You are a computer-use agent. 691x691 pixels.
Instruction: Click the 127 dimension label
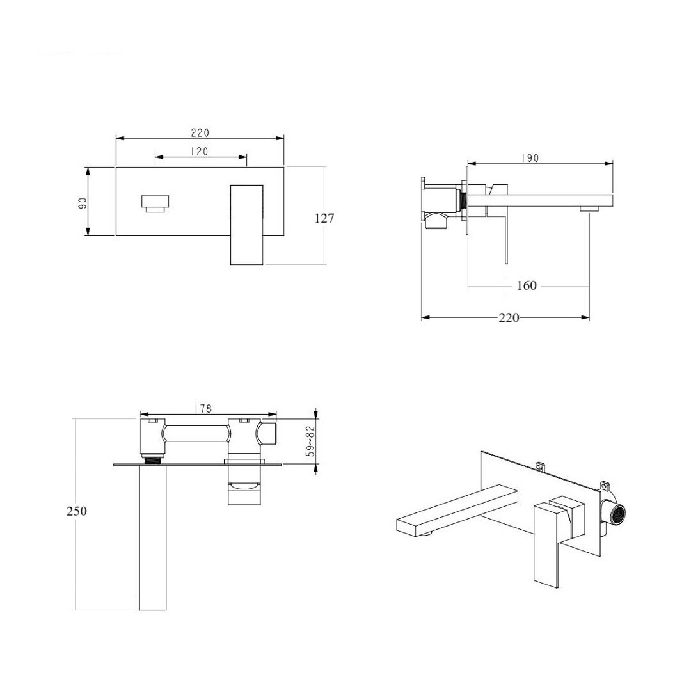pyautogui.click(x=324, y=218)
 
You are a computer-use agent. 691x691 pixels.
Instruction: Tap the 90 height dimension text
pyautogui.click(x=83, y=203)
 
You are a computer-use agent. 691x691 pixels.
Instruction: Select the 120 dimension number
pyautogui.click(x=199, y=152)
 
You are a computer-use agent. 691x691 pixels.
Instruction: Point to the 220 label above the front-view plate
pyautogui.click(x=200, y=132)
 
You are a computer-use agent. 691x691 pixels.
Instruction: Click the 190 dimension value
pyautogui.click(x=530, y=158)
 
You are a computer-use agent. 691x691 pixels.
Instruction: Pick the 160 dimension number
pyautogui.click(x=527, y=285)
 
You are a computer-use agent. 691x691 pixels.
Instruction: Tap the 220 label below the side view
pyautogui.click(x=509, y=317)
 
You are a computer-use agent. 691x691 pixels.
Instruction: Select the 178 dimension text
pyautogui.click(x=203, y=408)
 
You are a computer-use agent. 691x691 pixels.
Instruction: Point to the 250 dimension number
pyautogui.click(x=77, y=511)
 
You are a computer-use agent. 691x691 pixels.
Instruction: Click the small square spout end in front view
pyautogui.click(x=155, y=203)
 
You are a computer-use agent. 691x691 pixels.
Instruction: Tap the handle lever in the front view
pyautogui.click(x=247, y=225)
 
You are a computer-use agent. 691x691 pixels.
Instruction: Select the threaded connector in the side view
pyautogui.click(x=463, y=202)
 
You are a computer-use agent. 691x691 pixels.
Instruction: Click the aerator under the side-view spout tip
pyautogui.click(x=589, y=208)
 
